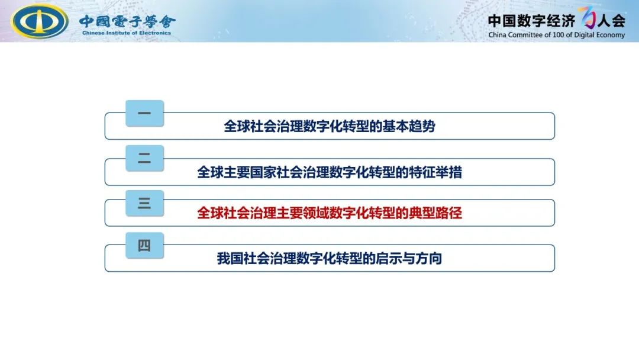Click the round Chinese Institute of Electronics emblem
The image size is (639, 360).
40,21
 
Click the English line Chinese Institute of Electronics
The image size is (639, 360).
127,33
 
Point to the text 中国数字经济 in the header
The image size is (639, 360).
531,21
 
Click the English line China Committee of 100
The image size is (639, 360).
557,35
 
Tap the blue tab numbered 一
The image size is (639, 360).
145,113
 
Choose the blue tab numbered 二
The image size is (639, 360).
145,158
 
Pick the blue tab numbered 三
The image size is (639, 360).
145,203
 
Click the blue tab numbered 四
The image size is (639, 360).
145,246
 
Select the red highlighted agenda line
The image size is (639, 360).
330,213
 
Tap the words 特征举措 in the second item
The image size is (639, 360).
435,172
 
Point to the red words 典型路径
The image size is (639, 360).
435,213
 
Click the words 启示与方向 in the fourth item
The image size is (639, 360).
409,259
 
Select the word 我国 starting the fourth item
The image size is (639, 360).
230,259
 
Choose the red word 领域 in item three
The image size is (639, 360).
316,213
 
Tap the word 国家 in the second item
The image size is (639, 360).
263,172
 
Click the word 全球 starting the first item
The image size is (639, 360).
237,126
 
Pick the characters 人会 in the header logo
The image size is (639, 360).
611,21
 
